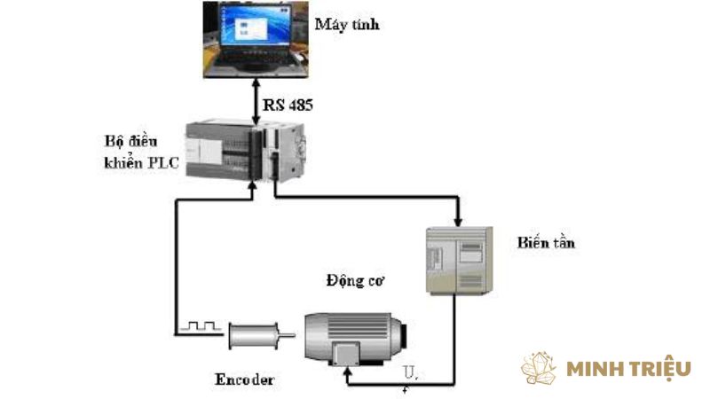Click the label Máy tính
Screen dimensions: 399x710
click(x=347, y=24)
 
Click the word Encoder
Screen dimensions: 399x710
click(x=245, y=380)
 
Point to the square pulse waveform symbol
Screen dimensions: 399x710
click(x=201, y=326)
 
